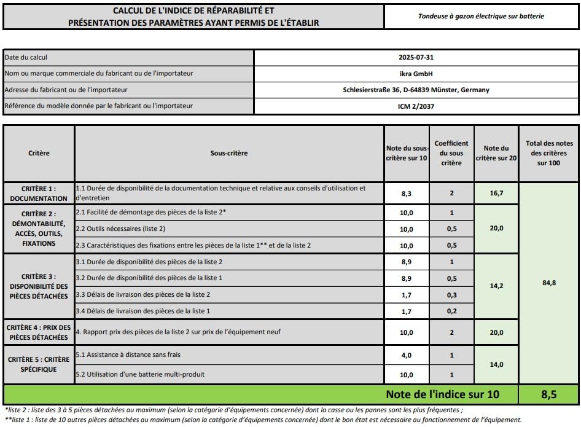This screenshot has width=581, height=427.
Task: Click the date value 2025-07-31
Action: (x=416, y=58)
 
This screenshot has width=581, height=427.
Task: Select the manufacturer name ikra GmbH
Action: (x=416, y=74)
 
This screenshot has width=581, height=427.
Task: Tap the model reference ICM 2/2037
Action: (x=416, y=106)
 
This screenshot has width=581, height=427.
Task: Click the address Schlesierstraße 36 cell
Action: (x=416, y=90)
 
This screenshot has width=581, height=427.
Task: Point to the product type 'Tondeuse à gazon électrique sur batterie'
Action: (x=482, y=16)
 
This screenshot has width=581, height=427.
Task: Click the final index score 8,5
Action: (x=548, y=394)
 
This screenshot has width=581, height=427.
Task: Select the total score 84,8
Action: (x=548, y=283)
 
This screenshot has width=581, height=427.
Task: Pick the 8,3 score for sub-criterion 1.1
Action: (x=407, y=193)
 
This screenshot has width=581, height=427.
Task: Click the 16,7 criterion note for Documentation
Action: (x=496, y=193)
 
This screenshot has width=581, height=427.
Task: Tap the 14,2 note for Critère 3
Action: (x=496, y=286)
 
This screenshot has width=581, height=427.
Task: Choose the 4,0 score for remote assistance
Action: (x=407, y=355)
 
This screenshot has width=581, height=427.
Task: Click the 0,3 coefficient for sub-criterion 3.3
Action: (x=451, y=295)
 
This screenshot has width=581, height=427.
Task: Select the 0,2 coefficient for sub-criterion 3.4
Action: (x=451, y=311)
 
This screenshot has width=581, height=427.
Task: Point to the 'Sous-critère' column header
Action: (x=229, y=153)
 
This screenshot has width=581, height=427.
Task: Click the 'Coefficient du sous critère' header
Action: (x=451, y=153)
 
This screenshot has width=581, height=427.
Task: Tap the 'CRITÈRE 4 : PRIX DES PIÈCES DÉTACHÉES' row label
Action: (x=39, y=332)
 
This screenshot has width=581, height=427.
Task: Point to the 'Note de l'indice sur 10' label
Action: (x=442, y=394)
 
